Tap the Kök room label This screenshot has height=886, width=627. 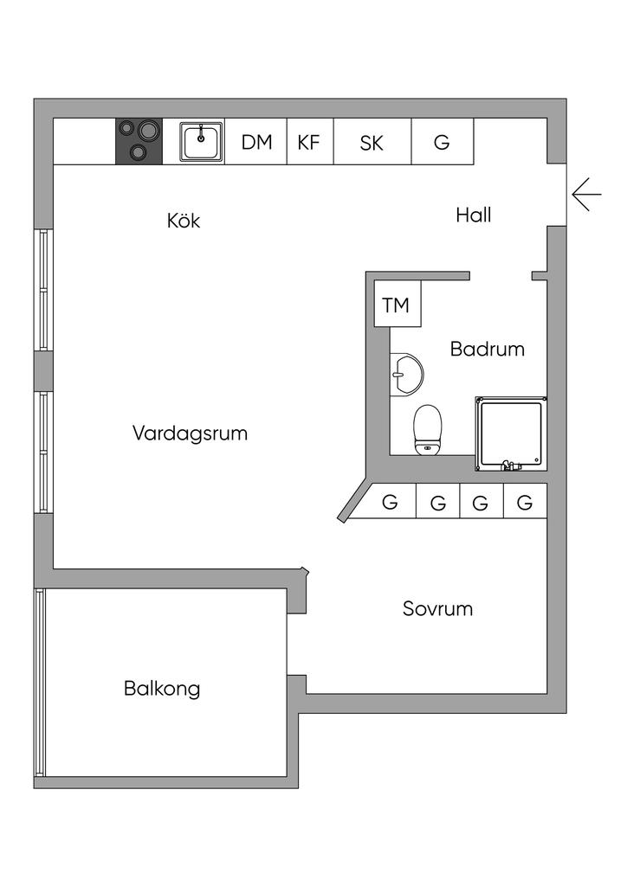point(184,221)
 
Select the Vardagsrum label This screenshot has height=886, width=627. point(190,433)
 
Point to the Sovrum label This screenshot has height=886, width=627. point(437,608)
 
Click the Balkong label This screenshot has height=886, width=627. point(162,689)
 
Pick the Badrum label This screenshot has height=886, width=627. point(488,350)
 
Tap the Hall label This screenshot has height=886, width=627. point(474,215)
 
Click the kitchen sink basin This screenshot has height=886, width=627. point(202,141)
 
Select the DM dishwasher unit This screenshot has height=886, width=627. point(256,142)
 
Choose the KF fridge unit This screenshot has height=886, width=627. point(309,142)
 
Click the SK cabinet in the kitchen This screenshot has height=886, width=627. point(372,142)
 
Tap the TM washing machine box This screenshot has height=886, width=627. point(396,305)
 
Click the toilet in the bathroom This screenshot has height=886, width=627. point(428,430)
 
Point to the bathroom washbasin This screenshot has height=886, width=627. point(405,375)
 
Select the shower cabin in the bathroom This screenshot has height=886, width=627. point(511,433)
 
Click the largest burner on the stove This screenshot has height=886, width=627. point(148,132)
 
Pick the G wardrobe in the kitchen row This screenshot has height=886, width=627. point(442,142)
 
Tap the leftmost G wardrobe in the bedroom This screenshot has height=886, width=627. point(391,501)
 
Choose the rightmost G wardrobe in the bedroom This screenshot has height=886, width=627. point(524,501)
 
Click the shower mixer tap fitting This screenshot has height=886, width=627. point(511,465)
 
